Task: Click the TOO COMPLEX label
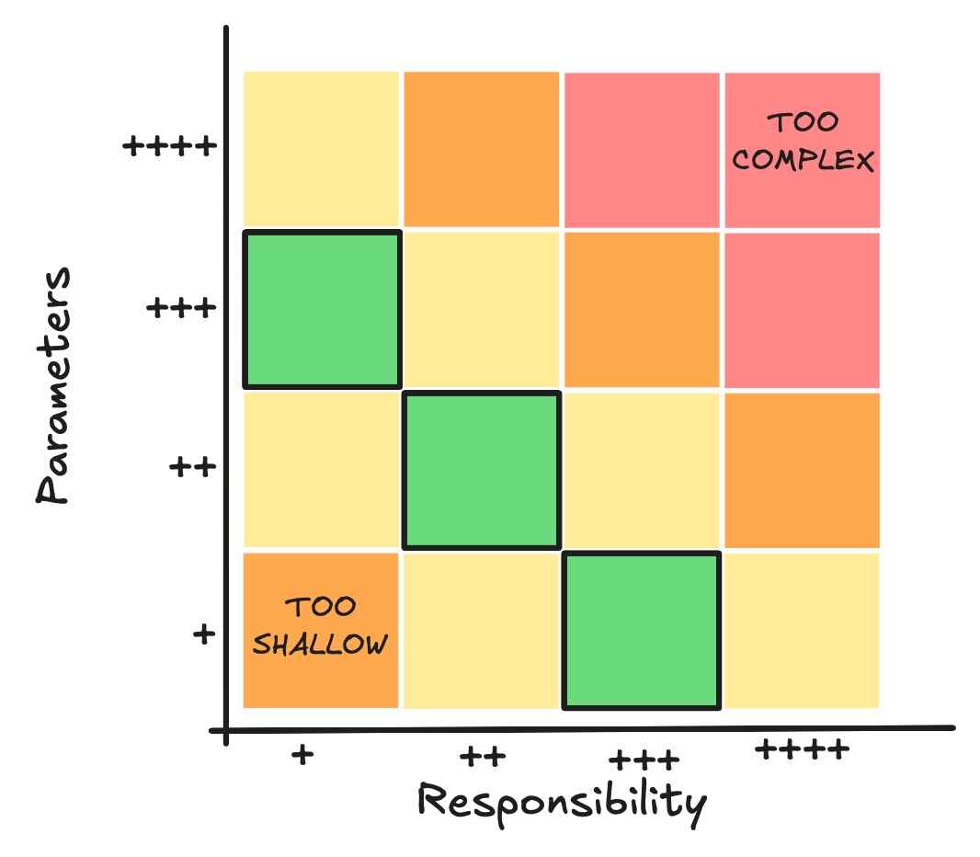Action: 803,142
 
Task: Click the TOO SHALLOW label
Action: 320,626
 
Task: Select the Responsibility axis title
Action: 563,801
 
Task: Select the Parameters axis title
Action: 54,385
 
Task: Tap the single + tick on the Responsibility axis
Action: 302,755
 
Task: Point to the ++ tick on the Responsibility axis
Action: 483,758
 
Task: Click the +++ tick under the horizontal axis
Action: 644,760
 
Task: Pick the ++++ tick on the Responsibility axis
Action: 802,750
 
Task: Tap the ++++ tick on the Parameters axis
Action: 170,145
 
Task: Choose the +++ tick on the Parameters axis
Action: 182,307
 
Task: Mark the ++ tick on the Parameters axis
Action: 193,467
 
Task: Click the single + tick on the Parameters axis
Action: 203,634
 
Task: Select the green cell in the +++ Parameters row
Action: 322,309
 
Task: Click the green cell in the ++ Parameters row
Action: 482,470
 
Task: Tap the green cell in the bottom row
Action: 642,631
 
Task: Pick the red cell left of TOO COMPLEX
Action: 642,149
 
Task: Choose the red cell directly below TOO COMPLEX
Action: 802,309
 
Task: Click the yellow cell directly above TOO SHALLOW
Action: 322,470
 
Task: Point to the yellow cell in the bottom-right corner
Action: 802,631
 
